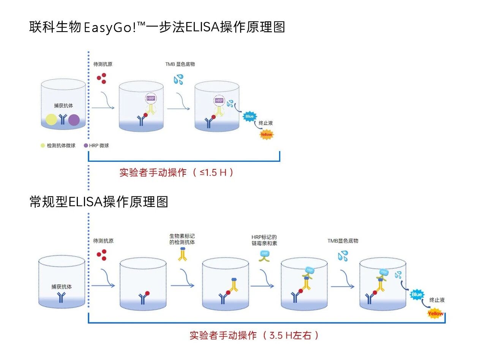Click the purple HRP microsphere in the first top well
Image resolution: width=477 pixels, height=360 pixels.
[74, 120]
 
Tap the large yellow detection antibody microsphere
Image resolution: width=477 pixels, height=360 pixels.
[52, 120]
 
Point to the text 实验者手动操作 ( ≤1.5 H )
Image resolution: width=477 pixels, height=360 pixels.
[177, 172]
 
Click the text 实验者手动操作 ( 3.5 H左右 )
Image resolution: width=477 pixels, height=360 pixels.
[254, 335]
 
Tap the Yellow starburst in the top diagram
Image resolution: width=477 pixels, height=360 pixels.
[266, 134]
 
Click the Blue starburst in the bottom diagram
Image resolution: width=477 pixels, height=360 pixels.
[417, 294]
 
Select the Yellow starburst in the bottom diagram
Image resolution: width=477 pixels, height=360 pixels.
[435, 314]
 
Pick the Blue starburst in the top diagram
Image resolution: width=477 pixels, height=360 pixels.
[250, 116]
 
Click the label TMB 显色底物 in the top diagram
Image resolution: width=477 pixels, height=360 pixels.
[180, 64]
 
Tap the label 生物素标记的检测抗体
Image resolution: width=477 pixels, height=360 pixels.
[182, 239]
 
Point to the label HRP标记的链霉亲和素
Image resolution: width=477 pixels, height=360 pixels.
[264, 240]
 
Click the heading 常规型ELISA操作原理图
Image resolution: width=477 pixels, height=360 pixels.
[99, 202]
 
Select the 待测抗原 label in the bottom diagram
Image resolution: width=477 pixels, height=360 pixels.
[103, 241]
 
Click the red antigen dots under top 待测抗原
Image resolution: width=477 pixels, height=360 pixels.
[101, 79]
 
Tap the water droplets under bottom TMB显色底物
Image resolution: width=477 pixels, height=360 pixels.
[343, 256]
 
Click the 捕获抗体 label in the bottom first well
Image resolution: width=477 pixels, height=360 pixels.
[62, 287]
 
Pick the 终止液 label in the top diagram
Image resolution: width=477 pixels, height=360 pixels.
[266, 123]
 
